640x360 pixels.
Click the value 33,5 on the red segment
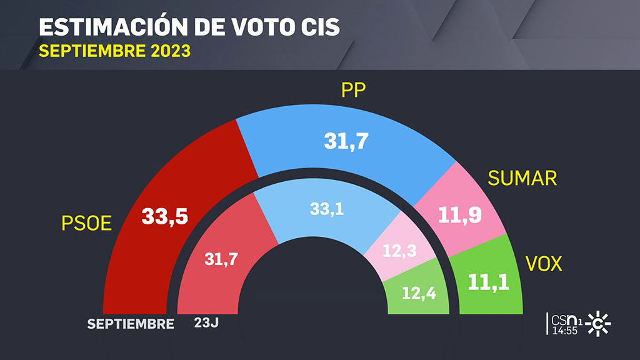tap(165, 216)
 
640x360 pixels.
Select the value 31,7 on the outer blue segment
tap(346, 141)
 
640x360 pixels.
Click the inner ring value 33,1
tap(326, 209)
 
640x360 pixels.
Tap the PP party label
tap(352, 92)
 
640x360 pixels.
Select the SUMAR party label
tap(522, 178)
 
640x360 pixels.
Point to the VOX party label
tap(544, 264)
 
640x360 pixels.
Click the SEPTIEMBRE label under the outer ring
tap(130, 324)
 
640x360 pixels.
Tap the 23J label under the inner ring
tap(207, 323)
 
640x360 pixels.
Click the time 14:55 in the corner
tap(564, 330)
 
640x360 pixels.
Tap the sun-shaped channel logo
tap(597, 324)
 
